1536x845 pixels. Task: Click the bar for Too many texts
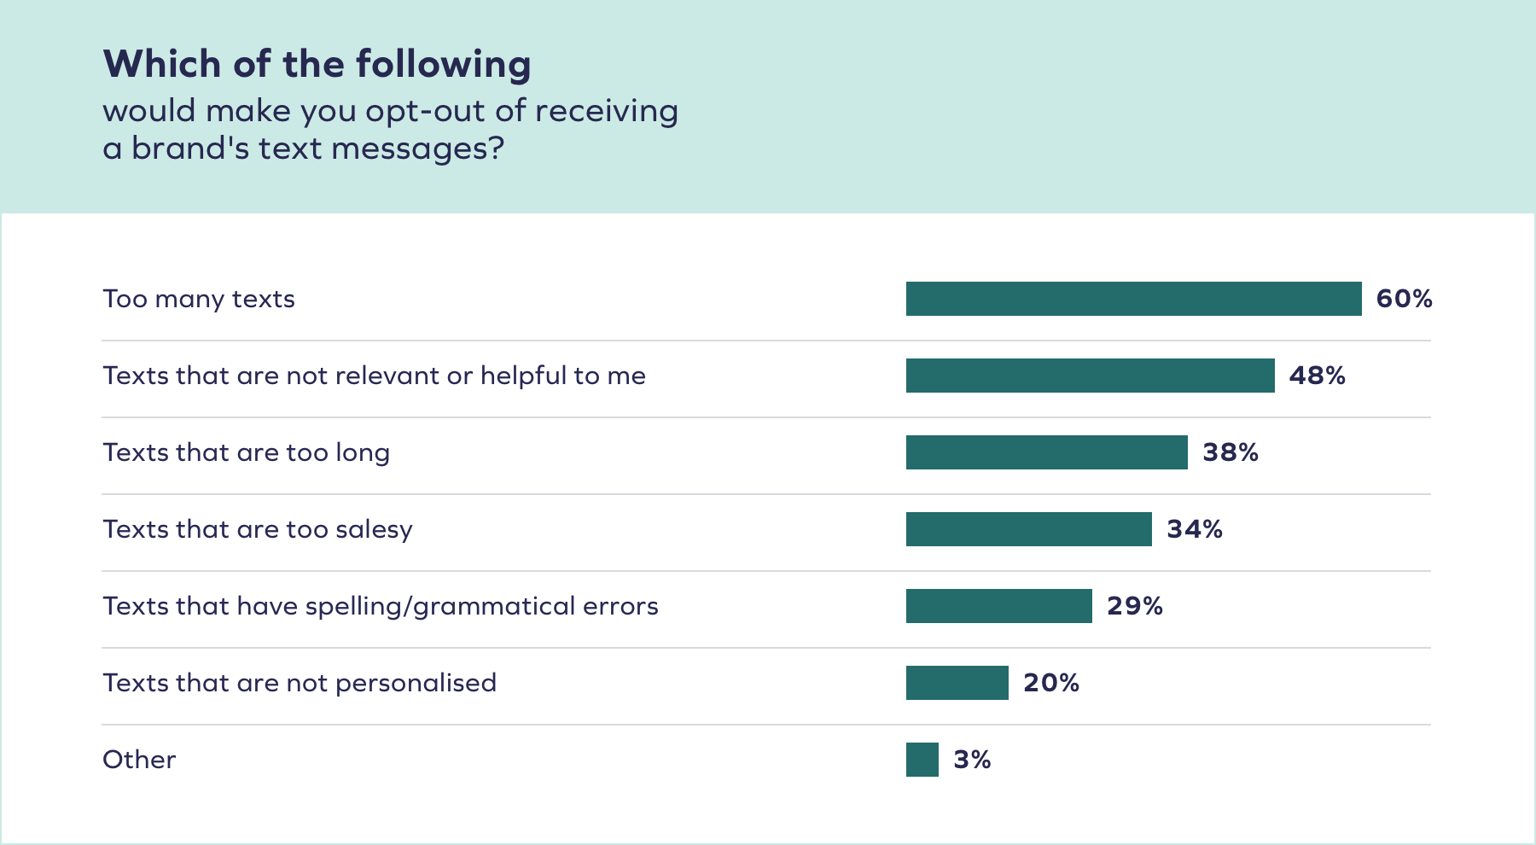(x=1133, y=299)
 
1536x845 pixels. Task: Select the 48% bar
(x=1090, y=376)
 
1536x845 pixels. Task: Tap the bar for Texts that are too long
(x=1046, y=452)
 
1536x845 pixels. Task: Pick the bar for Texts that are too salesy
(x=1028, y=529)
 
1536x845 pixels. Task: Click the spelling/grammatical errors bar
(x=998, y=606)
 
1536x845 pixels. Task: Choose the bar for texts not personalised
(x=957, y=683)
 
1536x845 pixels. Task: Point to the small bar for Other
(x=922, y=760)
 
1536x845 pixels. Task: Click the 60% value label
(x=1404, y=299)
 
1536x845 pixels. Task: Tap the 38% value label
(x=1231, y=452)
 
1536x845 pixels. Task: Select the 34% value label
(x=1195, y=529)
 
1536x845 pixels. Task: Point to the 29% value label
(x=1135, y=606)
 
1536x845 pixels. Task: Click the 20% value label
(x=1051, y=683)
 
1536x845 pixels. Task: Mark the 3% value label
(x=972, y=760)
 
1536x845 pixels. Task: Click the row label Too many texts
(x=199, y=299)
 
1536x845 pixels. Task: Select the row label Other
(x=139, y=760)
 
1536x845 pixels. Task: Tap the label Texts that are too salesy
(x=258, y=529)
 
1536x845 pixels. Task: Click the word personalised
(x=416, y=683)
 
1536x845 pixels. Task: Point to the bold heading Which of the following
(x=317, y=64)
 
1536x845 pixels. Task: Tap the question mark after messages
(x=496, y=149)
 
